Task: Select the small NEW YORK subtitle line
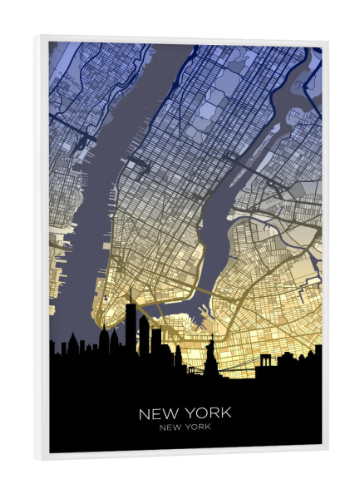(184, 427)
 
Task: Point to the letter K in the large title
(226, 413)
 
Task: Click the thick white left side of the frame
(42, 249)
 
